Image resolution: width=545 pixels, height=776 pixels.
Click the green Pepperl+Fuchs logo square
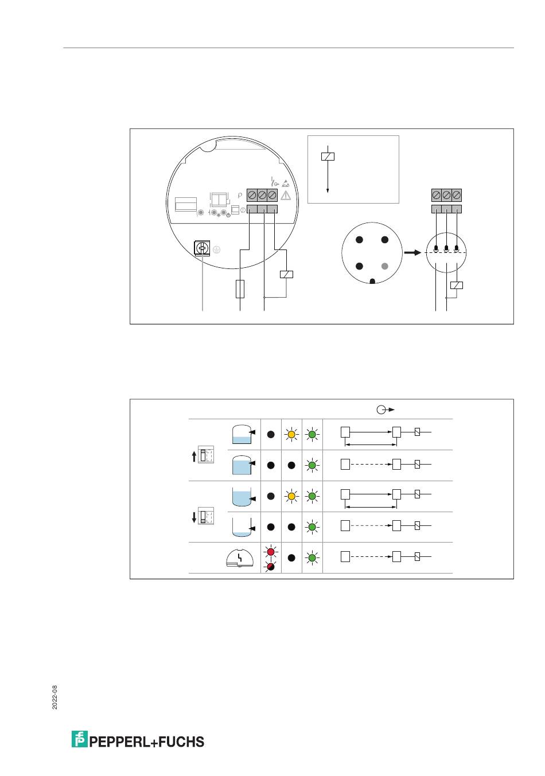[x=79, y=739]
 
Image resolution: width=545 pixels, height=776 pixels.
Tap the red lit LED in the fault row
[x=271, y=552]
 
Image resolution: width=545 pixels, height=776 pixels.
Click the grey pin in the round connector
[x=384, y=266]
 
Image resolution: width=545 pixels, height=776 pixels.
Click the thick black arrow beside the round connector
[x=412, y=252]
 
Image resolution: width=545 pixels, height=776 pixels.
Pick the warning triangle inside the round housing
[x=286, y=196]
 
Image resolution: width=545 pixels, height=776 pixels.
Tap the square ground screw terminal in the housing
[x=202, y=248]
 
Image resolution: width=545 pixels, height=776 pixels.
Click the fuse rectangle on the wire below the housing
[x=240, y=289]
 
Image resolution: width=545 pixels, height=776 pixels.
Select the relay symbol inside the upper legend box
[x=328, y=157]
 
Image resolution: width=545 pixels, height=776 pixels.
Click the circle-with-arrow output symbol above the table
[x=386, y=410]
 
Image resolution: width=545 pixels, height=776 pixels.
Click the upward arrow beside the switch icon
[x=194, y=456]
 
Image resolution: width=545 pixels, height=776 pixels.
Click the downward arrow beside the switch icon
[x=194, y=517]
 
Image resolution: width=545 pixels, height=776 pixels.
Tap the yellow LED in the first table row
[x=291, y=434]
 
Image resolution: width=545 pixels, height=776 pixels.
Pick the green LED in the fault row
[x=312, y=557]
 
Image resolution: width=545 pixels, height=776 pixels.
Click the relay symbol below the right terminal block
[x=456, y=286]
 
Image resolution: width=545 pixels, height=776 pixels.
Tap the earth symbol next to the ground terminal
[x=216, y=249]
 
